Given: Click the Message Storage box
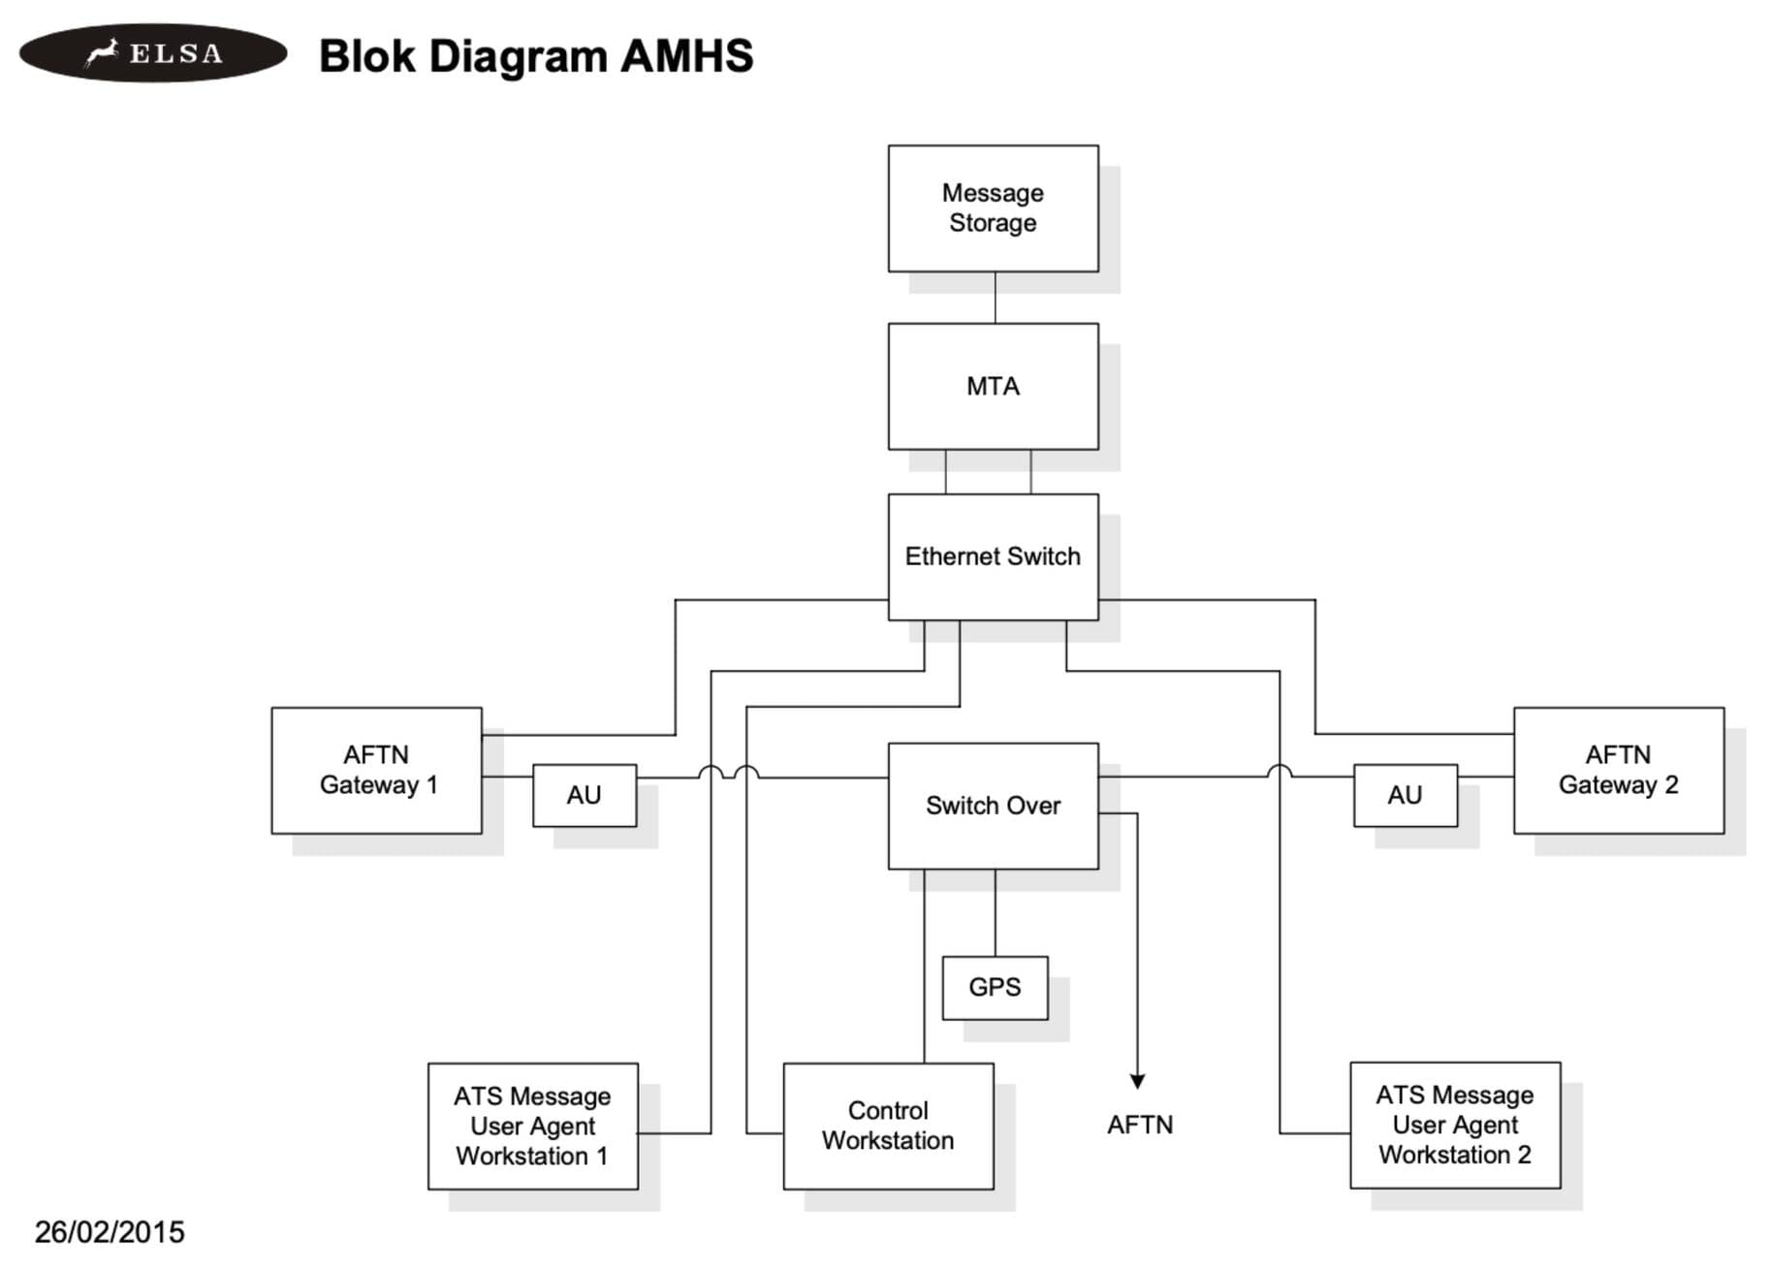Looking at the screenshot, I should click(993, 208).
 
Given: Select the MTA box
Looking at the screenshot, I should click(993, 386).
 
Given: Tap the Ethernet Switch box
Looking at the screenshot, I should click(993, 556).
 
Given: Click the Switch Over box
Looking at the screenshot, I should click(993, 806).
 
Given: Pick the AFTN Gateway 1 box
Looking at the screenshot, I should click(376, 770).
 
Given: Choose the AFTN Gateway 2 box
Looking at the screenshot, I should click(1618, 770).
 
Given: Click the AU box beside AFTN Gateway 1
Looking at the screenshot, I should click(584, 795).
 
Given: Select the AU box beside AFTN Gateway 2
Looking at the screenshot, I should click(1405, 795).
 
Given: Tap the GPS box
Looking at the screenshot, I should click(995, 987).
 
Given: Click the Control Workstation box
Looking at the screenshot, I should click(888, 1126).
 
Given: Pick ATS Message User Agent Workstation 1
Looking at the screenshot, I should click(532, 1126).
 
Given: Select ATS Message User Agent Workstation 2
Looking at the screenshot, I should click(1454, 1125).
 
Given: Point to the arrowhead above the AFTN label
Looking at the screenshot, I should click(1137, 1081).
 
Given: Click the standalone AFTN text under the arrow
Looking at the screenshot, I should click(1140, 1125).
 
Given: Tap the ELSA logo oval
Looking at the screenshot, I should click(153, 53).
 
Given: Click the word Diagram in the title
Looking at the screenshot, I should click(519, 56).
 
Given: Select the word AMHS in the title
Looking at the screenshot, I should click(686, 56).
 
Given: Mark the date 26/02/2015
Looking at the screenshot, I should click(110, 1232).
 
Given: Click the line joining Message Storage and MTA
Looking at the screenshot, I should click(995, 298).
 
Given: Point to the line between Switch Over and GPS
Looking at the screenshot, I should click(995, 912).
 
